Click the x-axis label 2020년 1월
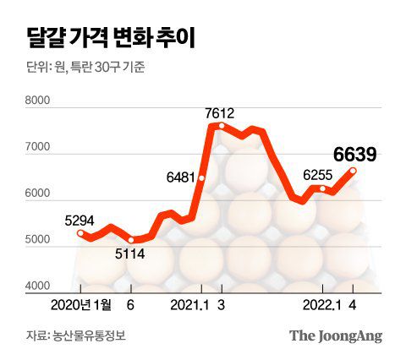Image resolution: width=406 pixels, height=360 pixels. coord(80,304)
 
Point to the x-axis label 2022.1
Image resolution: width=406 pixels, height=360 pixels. coord(321,304)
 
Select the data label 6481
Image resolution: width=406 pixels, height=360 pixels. coord(181,178)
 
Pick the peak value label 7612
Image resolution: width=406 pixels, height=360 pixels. coord(219,113)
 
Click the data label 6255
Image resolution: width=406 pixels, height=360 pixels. coord(319,175)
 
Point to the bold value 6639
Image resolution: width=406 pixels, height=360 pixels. coord(354,154)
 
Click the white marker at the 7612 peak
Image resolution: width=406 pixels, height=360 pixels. coord(222,126)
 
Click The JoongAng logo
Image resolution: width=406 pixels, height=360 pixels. coord(336,335)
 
